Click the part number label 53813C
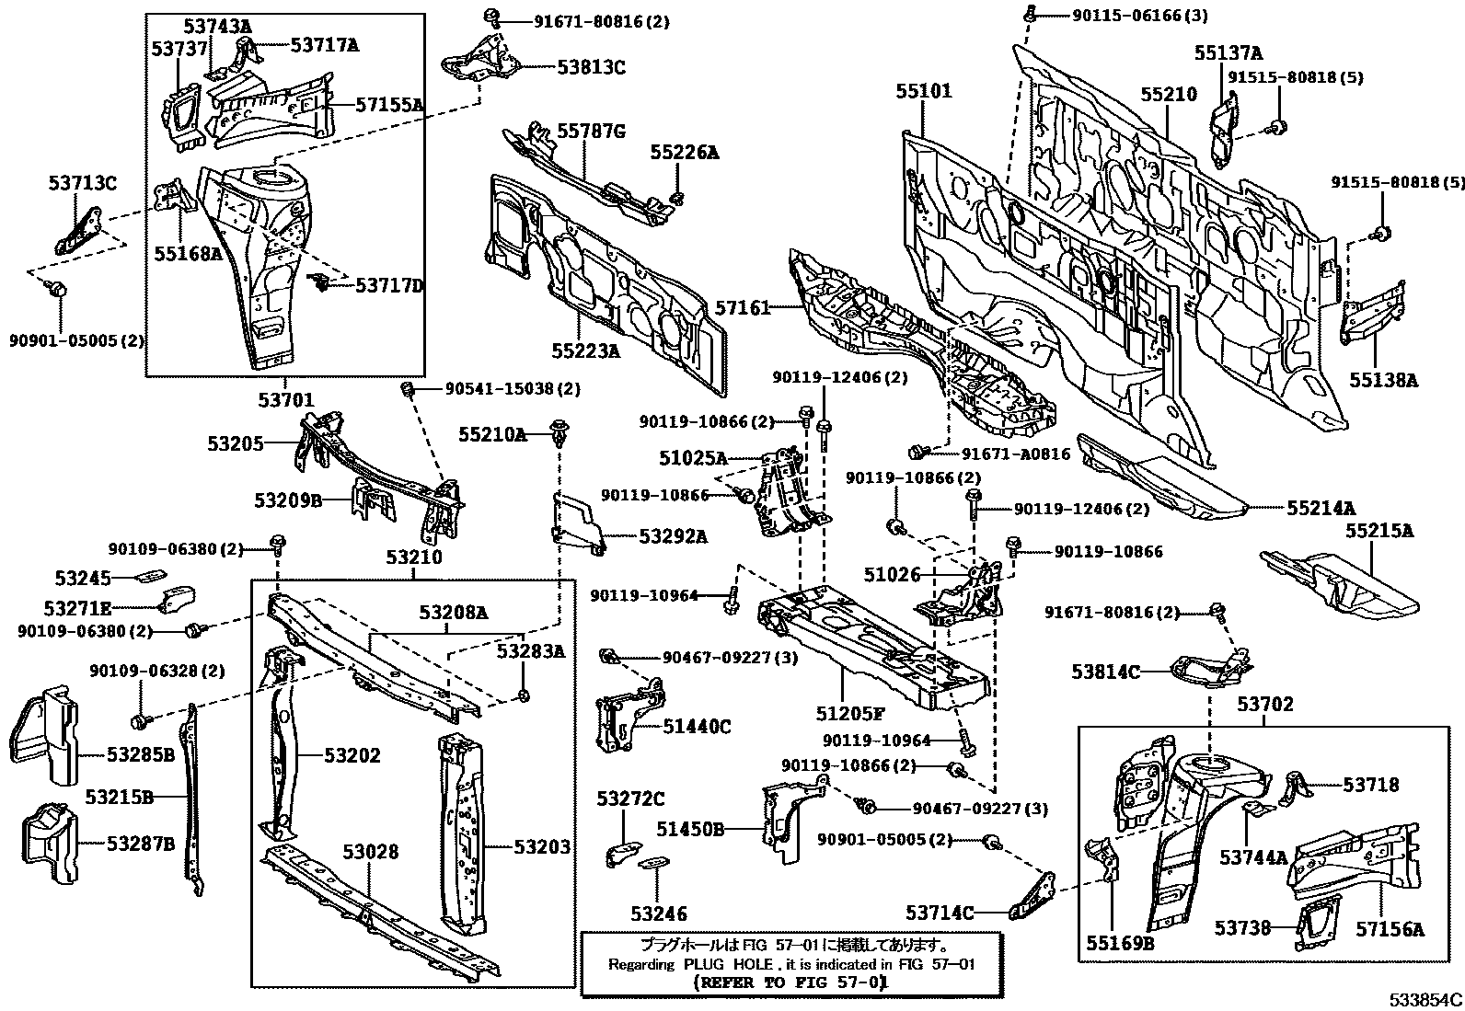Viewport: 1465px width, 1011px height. [x=591, y=66]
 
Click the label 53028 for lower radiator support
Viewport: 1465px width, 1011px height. [x=370, y=852]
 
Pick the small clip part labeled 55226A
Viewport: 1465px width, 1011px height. [x=678, y=197]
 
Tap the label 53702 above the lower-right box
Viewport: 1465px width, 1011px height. [x=1264, y=706]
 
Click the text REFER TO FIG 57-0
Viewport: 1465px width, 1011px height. [x=790, y=982]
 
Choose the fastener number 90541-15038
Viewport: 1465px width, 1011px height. [x=501, y=389]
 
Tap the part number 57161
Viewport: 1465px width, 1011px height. [x=742, y=309]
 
